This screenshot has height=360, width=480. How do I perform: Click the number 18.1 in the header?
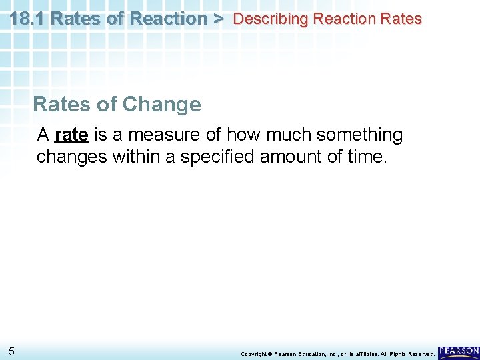tap(27, 18)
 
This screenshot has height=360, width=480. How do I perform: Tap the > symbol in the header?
tap(218, 18)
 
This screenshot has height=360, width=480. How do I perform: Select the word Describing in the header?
tap(270, 19)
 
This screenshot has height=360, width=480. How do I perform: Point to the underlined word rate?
tap(71, 135)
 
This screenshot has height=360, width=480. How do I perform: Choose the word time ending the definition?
tap(367, 157)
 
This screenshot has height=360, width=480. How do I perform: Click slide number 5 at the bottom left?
tap(12, 351)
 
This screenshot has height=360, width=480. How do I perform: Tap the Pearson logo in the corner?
tap(459, 351)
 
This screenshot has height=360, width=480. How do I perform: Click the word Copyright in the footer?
tap(253, 354)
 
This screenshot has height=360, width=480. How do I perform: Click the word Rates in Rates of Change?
tap(57, 104)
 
